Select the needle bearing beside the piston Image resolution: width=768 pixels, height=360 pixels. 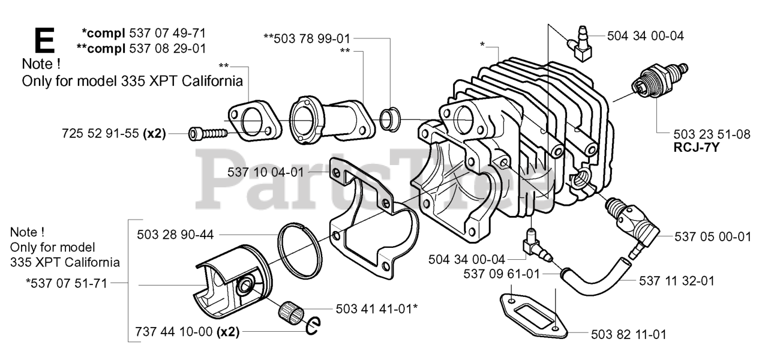coord(290,312)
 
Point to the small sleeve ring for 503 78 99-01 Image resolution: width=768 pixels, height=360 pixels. coord(391,119)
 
